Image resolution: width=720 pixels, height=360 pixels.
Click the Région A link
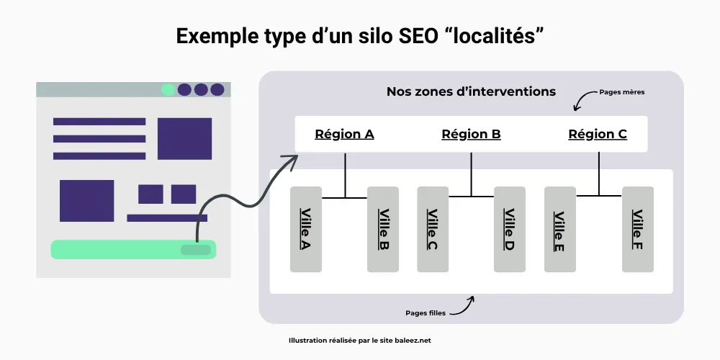point(344,134)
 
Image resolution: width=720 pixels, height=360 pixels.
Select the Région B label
point(471,134)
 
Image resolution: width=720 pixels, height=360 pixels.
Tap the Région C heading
point(598,134)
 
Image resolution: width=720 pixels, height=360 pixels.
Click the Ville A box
point(306,230)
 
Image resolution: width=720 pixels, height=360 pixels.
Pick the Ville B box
point(383,230)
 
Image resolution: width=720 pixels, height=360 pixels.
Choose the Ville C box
point(433,230)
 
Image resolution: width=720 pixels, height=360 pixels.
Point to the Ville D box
point(510,230)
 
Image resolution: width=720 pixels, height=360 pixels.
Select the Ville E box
point(559,230)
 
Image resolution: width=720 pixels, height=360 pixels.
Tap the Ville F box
point(637,230)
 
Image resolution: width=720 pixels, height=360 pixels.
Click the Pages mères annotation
point(621,93)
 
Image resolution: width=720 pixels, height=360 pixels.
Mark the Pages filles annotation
point(426,314)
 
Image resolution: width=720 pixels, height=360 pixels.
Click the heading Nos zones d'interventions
point(471,91)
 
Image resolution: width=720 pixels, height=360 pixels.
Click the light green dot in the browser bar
point(168,89)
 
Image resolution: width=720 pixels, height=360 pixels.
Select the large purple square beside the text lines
point(184,138)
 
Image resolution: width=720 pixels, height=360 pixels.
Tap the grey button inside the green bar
point(196,250)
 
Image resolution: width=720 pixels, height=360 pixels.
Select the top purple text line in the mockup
point(99,122)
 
